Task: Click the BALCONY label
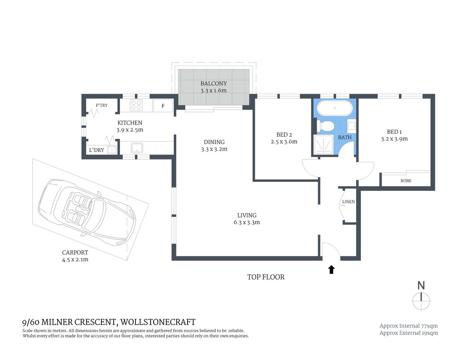pyautogui.click(x=213, y=84)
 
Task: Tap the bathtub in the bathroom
pyautogui.click(x=335, y=108)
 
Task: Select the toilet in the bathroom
pyautogui.click(x=325, y=126)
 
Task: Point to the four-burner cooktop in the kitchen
pyautogui.click(x=136, y=105)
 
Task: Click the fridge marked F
pyautogui.click(x=163, y=106)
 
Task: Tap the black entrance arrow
pyautogui.click(x=331, y=270)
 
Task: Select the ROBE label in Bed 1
pyautogui.click(x=406, y=181)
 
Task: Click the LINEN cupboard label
pyautogui.click(x=348, y=202)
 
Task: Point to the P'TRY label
pyautogui.click(x=101, y=105)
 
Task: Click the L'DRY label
pyautogui.click(x=96, y=150)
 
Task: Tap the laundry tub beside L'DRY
pyautogui.click(x=111, y=150)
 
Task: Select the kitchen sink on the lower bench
pyautogui.click(x=137, y=148)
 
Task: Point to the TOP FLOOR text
pyautogui.click(x=266, y=277)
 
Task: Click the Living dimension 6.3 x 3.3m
pyautogui.click(x=247, y=222)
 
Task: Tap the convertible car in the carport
pyautogui.click(x=87, y=212)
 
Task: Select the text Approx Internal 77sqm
pyautogui.click(x=408, y=326)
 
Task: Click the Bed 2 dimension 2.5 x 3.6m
pyautogui.click(x=284, y=142)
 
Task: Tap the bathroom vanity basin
pyautogui.click(x=352, y=126)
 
